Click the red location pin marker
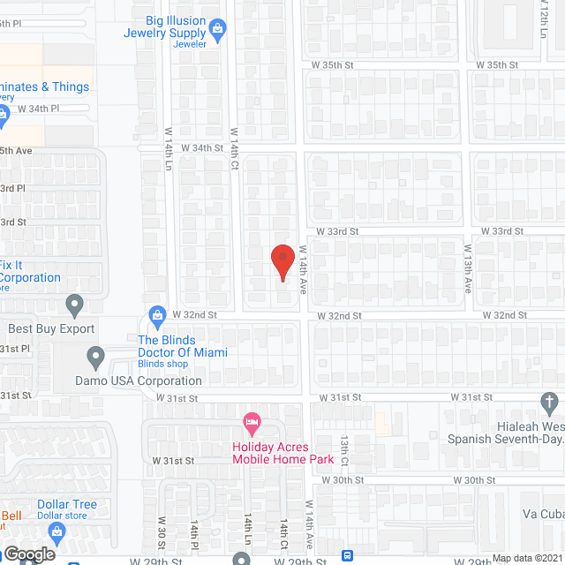tap(282, 262)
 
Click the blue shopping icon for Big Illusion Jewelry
tap(220, 27)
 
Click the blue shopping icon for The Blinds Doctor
tap(157, 314)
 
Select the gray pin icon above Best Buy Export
tap(74, 305)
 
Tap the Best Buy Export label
tap(51, 329)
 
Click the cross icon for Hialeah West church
tap(549, 404)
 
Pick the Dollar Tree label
tap(67, 505)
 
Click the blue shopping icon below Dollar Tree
tap(57, 531)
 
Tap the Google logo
tap(28, 554)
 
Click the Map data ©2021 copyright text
tap(526, 558)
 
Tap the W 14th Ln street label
tap(169, 148)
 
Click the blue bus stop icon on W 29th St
tap(347, 556)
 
